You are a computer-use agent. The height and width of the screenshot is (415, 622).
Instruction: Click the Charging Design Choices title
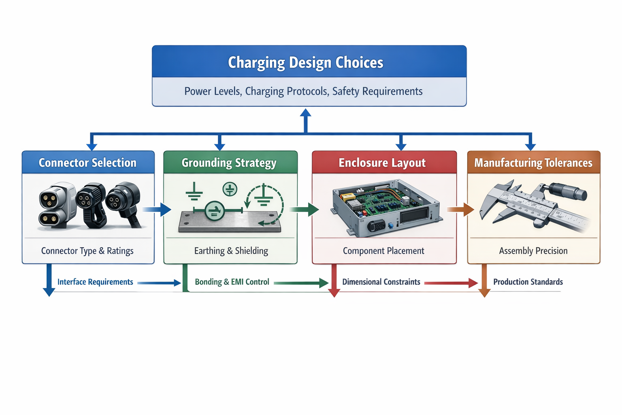[305, 62]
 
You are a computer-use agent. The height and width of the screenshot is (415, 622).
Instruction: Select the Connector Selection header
[87, 163]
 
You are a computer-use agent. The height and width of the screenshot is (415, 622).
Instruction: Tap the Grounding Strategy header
[229, 163]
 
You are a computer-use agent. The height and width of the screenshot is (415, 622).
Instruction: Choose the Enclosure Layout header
[382, 163]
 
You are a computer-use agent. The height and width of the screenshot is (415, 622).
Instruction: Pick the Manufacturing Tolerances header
[533, 163]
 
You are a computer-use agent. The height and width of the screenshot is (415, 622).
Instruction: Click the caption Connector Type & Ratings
[87, 251]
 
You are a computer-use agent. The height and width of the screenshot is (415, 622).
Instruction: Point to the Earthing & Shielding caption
[231, 251]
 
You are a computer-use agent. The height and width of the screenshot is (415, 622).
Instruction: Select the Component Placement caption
[383, 251]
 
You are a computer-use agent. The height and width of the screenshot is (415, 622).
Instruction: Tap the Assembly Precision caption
[533, 251]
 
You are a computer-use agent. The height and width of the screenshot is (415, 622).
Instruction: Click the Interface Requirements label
[95, 282]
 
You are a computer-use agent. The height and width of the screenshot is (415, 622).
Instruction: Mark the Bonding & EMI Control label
[232, 282]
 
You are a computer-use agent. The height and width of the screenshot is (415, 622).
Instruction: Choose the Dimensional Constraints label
[381, 282]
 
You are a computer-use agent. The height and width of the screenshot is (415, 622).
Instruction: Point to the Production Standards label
[528, 282]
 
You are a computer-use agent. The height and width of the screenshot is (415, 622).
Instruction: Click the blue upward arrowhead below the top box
[306, 114]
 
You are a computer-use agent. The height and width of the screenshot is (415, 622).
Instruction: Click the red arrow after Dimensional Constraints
[451, 283]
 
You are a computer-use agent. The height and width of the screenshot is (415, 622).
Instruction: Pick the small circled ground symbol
[230, 189]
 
